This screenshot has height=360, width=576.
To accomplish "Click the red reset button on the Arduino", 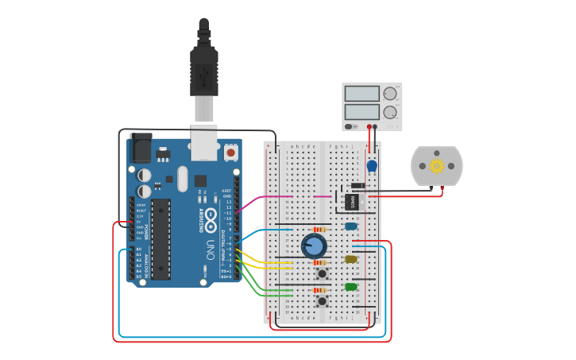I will click(x=230, y=151).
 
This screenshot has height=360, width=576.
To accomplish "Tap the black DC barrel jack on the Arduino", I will click(x=141, y=146).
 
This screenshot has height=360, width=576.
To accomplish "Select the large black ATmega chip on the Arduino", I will click(x=160, y=239).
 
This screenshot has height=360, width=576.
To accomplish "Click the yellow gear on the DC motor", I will click(x=436, y=166).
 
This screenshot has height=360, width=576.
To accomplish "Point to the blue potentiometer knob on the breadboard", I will click(x=314, y=246).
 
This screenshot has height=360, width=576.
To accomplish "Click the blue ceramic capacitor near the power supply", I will click(x=371, y=166).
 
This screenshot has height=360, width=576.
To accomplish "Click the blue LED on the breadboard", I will click(x=350, y=226).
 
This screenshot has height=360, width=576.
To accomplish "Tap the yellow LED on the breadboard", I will click(x=350, y=259).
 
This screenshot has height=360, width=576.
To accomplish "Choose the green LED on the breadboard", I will click(x=350, y=287).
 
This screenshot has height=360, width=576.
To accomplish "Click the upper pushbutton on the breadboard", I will click(x=323, y=273).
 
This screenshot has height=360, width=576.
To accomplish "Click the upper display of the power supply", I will click(x=362, y=94).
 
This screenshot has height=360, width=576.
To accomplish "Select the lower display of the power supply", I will click(x=362, y=112).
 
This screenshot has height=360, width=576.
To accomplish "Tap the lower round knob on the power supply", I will click(x=389, y=112).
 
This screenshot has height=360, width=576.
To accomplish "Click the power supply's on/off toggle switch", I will click(x=350, y=126).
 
